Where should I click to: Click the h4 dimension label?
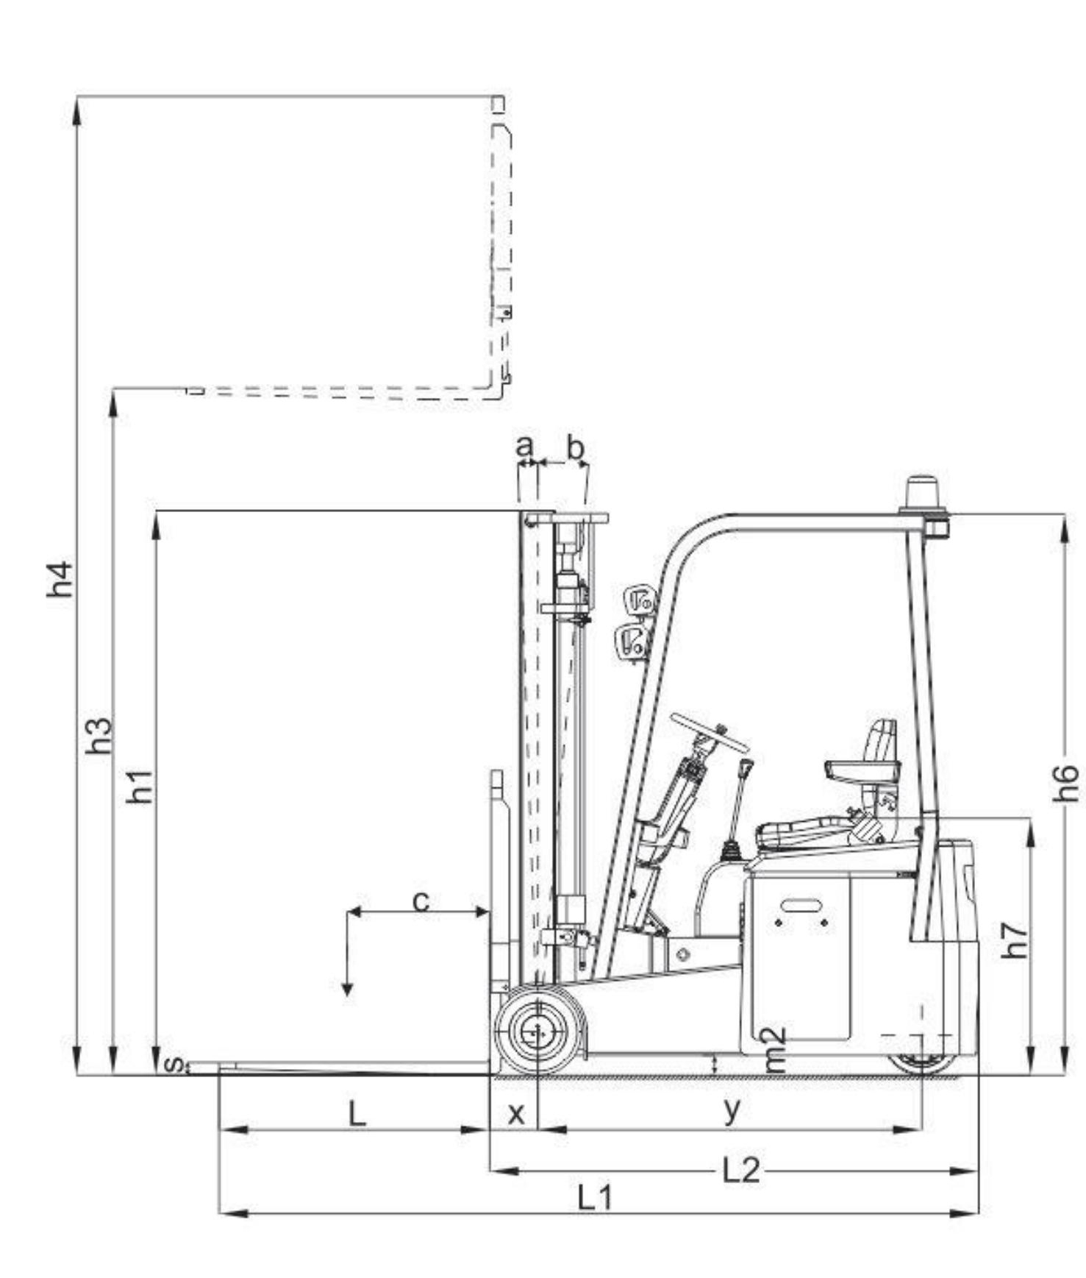60,579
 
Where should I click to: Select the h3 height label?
99,736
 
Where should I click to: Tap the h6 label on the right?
1065,783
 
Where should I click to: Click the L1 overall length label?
594,1199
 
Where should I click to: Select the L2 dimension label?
740,1170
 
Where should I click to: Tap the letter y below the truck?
732,1110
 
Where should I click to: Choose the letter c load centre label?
421,901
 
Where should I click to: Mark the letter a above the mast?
524,446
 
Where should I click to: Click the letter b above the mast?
576,446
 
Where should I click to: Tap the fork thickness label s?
174,1064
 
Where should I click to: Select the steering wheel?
709,732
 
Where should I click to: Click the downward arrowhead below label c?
347,990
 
